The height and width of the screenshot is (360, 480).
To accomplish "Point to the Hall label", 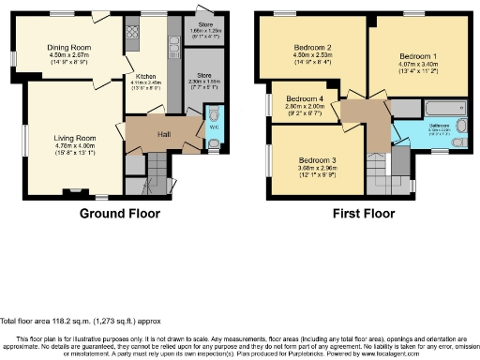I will click(x=163, y=134).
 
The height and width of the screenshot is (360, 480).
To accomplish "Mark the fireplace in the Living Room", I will click(x=74, y=191).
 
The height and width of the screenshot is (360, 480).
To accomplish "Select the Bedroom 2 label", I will click(x=312, y=47).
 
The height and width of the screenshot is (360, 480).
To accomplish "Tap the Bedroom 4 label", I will click(x=305, y=98).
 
